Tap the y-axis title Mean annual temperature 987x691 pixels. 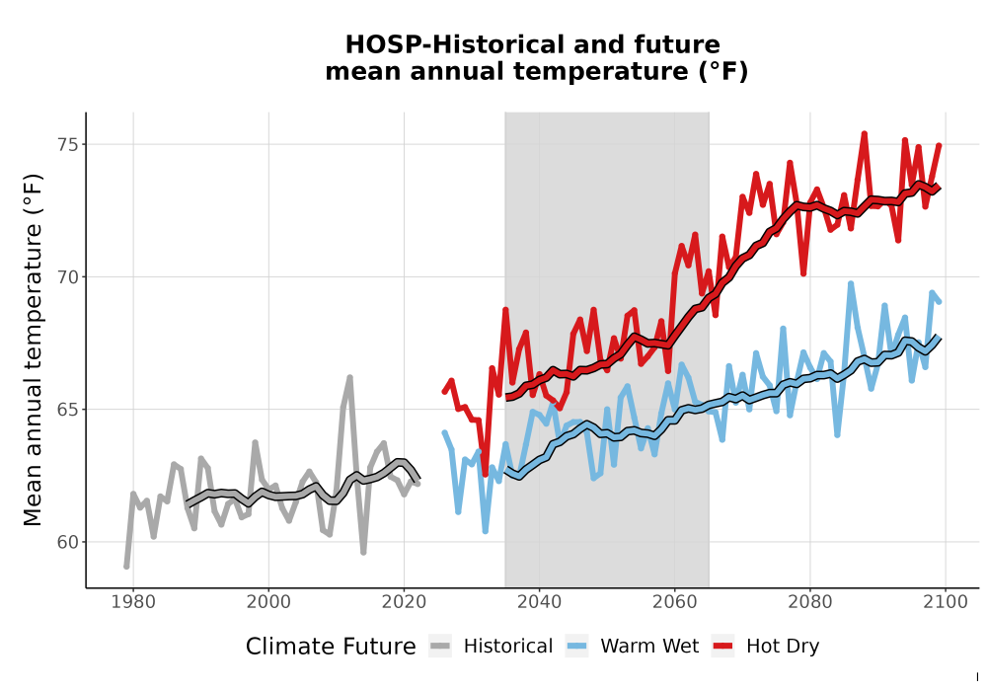[x=33, y=349]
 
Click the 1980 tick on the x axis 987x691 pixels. [x=133, y=601]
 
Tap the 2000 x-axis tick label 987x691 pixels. [x=268, y=601]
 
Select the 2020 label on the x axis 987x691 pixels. [x=404, y=601]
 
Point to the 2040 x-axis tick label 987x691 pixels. [x=540, y=601]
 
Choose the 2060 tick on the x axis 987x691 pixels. [x=675, y=601]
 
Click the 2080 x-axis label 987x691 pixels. [x=810, y=601]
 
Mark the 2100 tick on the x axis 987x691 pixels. [x=946, y=601]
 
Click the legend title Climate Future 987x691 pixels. [x=331, y=647]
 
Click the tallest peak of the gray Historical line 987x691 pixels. [x=350, y=377]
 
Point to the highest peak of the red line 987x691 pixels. [x=865, y=133]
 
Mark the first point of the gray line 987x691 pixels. [x=126, y=567]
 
